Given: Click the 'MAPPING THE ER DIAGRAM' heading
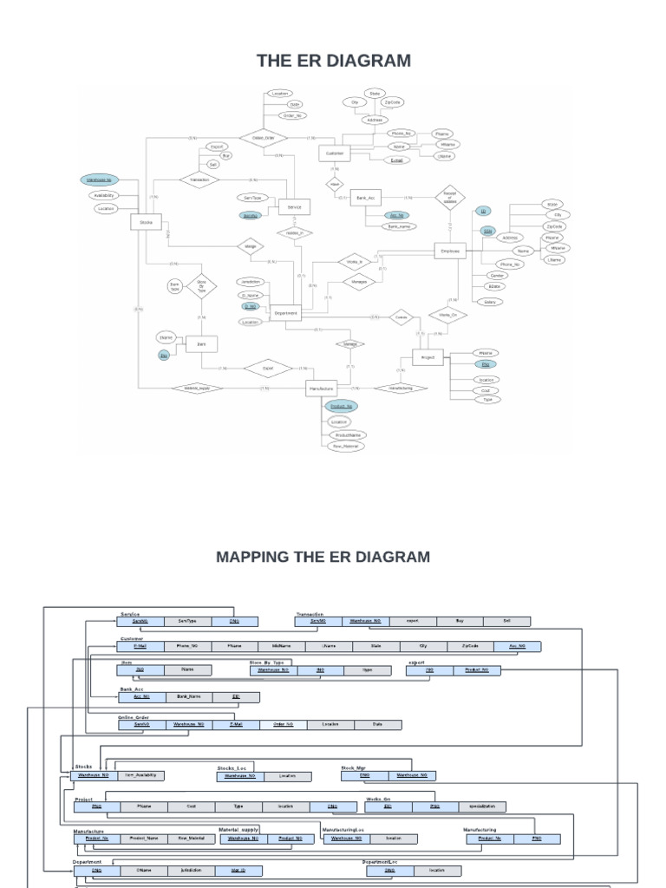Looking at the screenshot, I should click(x=323, y=556).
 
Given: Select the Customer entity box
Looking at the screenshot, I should click(x=334, y=153).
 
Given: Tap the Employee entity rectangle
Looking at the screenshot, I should click(x=449, y=250).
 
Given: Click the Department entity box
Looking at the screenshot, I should click(x=285, y=313).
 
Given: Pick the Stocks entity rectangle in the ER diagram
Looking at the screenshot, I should click(x=146, y=223).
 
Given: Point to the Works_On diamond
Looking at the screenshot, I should click(x=448, y=315).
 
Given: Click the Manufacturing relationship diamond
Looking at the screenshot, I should click(x=401, y=388).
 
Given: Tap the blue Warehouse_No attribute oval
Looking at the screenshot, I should click(x=98, y=180).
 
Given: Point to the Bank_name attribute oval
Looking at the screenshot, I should click(x=400, y=225).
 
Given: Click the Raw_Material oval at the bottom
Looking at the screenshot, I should click(x=343, y=446).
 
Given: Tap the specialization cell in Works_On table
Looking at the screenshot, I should click(x=482, y=806).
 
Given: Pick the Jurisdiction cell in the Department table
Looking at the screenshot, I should click(x=191, y=869).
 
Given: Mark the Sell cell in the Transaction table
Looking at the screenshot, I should click(x=507, y=621).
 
